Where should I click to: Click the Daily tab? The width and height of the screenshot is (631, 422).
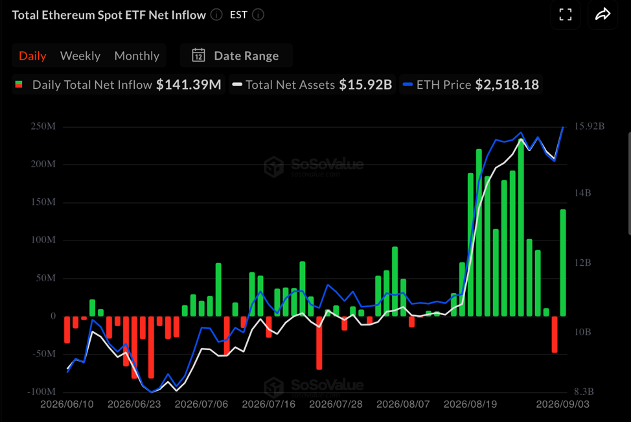pyautogui.click(x=32, y=56)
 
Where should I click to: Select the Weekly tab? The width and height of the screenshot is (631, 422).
pyautogui.click(x=80, y=56)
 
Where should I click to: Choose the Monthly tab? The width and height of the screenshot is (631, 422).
pyautogui.click(x=137, y=56)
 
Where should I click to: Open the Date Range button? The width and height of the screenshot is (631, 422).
pyautogui.click(x=236, y=55)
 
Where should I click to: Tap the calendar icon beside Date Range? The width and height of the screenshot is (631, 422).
pyautogui.click(x=198, y=55)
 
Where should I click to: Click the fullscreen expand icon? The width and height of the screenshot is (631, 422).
pyautogui.click(x=566, y=15)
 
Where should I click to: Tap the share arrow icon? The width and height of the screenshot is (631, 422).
pyautogui.click(x=603, y=14)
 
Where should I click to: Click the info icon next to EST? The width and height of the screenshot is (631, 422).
pyautogui.click(x=258, y=15)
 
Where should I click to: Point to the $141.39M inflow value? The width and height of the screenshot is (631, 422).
pyautogui.click(x=189, y=84)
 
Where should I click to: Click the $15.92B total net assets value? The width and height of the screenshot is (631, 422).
pyautogui.click(x=365, y=84)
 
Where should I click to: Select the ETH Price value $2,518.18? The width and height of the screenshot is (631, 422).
pyautogui.click(x=507, y=84)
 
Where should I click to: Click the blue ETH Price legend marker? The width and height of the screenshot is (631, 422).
pyautogui.click(x=407, y=84)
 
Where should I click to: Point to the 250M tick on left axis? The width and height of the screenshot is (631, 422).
pyautogui.click(x=43, y=126)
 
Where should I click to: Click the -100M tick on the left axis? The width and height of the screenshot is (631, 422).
pyautogui.click(x=41, y=392)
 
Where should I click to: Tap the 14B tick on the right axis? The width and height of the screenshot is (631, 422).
pyautogui.click(x=582, y=193)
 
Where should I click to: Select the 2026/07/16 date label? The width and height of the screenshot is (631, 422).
pyautogui.click(x=268, y=404)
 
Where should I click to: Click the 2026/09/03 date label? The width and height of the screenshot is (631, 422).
pyautogui.click(x=562, y=404)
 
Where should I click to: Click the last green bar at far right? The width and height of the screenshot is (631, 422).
pyautogui.click(x=563, y=263)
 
